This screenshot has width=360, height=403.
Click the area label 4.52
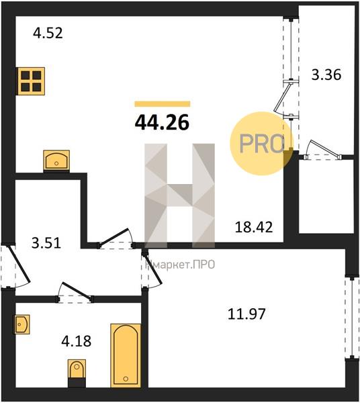48,33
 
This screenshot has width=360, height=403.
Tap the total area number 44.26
162,122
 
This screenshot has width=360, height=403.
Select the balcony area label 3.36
326,75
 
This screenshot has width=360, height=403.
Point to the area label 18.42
254,227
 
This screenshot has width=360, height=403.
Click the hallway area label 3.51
46,243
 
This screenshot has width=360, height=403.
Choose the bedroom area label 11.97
246,314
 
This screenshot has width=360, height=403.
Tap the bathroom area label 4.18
77,341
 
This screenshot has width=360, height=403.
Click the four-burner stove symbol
31,81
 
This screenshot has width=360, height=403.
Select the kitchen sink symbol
56,161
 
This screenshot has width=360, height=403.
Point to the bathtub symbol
126,355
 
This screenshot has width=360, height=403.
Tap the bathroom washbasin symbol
22,324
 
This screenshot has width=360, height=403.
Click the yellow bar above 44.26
163,104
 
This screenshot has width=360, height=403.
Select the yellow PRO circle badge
261,144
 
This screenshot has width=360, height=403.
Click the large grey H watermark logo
179,195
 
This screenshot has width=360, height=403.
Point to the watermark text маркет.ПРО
180,265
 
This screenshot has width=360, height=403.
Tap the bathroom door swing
75,293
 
